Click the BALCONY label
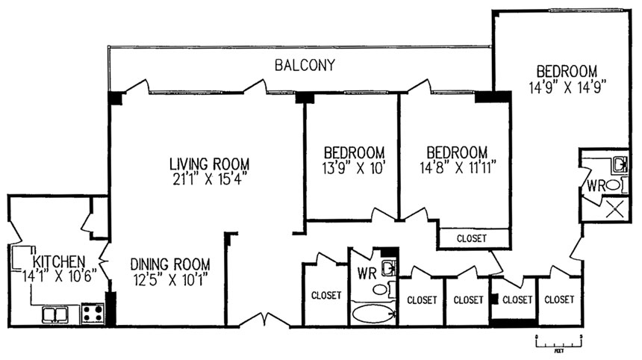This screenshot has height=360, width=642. click(305, 65)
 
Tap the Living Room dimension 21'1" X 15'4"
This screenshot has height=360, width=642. click(209, 179)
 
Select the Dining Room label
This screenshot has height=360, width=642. click(170, 264)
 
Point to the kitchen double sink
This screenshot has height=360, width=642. click(55, 315)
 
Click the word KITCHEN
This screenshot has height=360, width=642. click(59, 261)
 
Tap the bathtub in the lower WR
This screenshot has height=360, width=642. click(373, 314)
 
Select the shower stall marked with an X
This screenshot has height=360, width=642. click(614, 210)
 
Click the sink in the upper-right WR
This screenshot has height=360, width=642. click(620, 165)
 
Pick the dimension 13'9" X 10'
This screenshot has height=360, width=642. click(353, 167)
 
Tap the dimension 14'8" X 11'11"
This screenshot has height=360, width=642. click(458, 167)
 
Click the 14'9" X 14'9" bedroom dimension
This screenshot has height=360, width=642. click(567, 87)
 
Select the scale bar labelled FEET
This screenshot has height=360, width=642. click(559, 341)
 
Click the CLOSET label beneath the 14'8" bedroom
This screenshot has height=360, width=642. click(471, 238)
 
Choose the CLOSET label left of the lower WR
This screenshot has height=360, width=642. click(326, 295)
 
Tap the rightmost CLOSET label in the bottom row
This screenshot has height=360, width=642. click(559, 300)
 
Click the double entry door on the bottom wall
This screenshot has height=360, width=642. click(264, 320)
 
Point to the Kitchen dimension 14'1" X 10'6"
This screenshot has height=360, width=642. click(59, 276)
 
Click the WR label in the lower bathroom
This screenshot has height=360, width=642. click(367, 273)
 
